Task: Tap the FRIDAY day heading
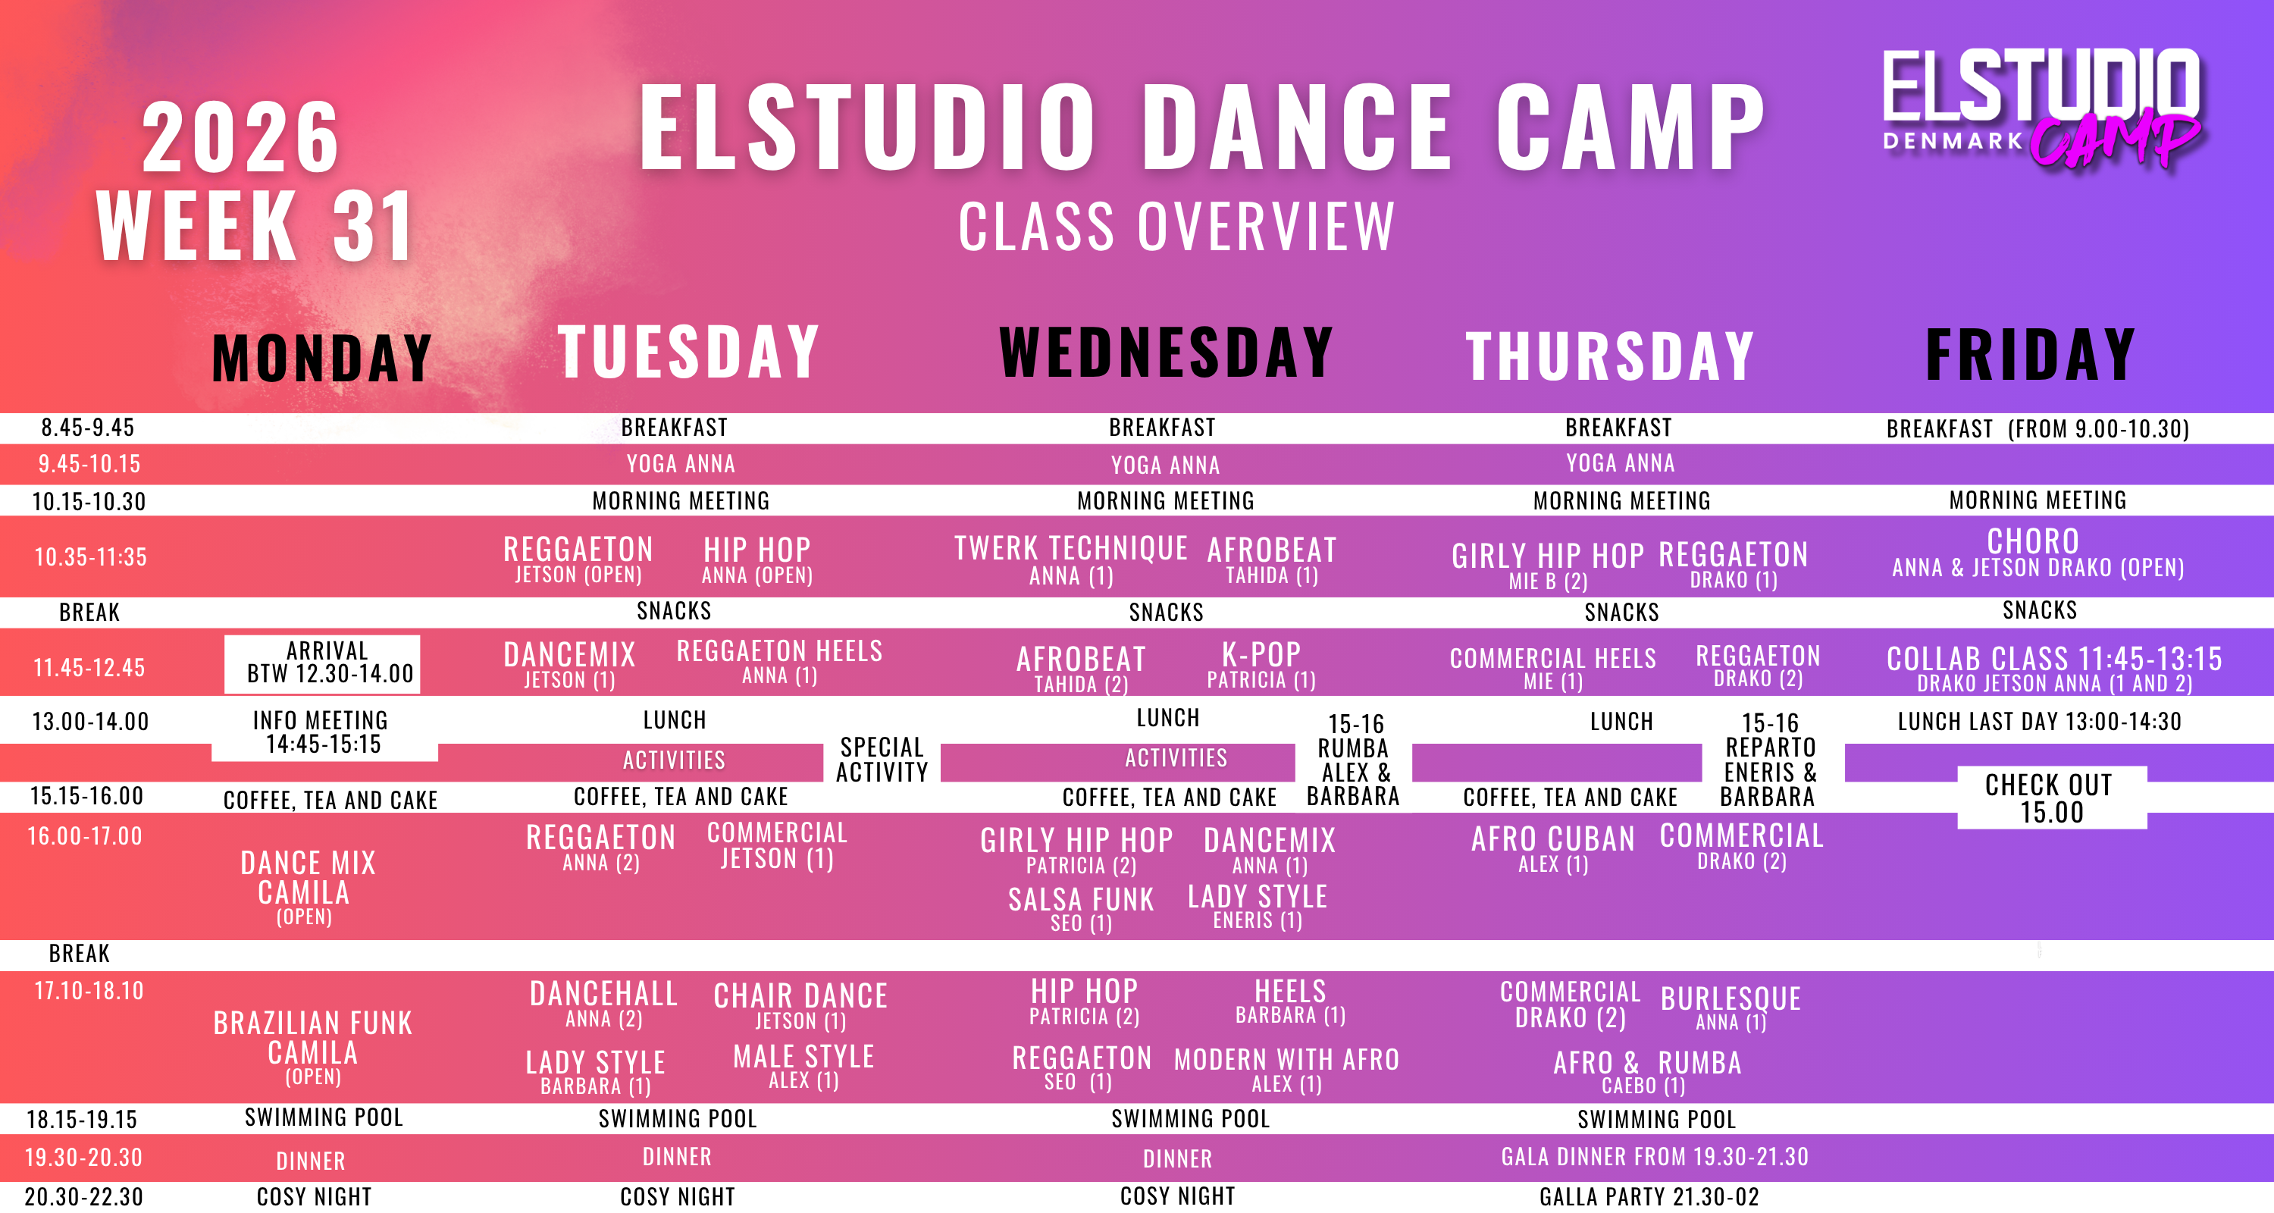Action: (2031, 354)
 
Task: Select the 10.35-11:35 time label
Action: (90, 557)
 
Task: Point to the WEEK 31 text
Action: (254, 226)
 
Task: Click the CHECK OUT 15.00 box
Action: (2052, 798)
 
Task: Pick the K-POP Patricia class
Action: (1261, 665)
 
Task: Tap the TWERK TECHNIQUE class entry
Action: (1071, 559)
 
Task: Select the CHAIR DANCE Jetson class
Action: (800, 1005)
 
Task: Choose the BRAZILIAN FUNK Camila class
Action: (312, 1047)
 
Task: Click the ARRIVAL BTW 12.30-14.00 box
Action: (322, 664)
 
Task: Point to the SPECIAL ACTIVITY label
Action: (882, 759)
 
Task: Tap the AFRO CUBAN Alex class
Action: (1553, 848)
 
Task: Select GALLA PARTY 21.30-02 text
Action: (1649, 1197)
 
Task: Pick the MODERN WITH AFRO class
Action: (1286, 1070)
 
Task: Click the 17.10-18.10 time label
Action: (89, 991)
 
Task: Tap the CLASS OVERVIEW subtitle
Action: (1176, 226)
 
